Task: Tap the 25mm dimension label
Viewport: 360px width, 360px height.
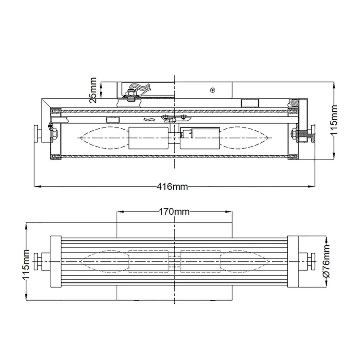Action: [x=93, y=89]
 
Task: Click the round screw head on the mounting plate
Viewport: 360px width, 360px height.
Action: [x=213, y=89]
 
